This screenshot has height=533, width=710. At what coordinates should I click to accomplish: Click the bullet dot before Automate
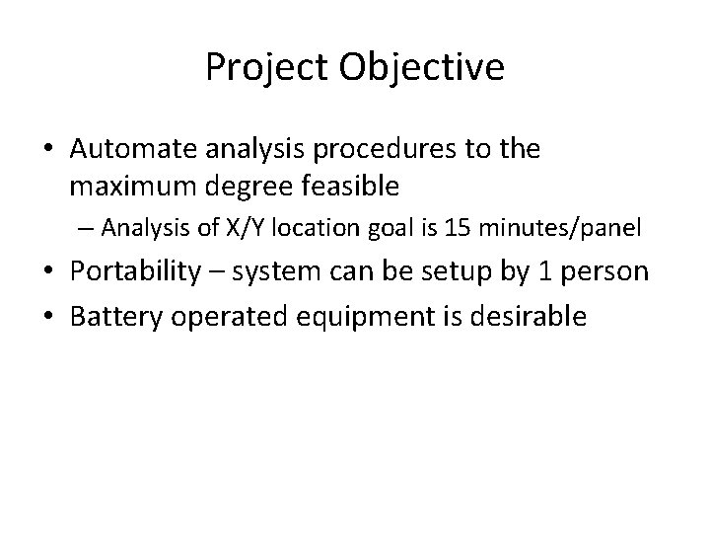pyautogui.click(x=49, y=150)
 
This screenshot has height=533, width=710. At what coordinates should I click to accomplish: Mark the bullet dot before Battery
pyautogui.click(x=49, y=317)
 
